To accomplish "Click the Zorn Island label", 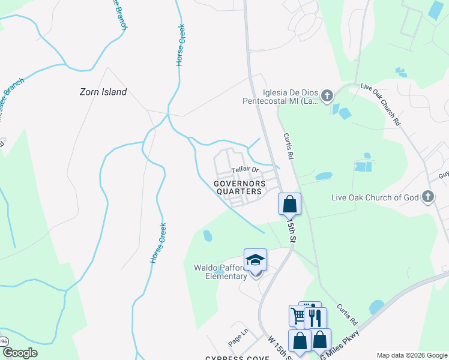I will pos(103,92).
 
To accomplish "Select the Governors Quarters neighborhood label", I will pos(238,187).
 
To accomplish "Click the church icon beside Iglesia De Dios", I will pos(327,95).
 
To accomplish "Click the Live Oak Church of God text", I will pos(375,197).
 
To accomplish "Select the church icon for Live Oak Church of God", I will pos(427,196).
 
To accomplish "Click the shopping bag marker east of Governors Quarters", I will pos(289,203).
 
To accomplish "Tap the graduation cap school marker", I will pos(255,260).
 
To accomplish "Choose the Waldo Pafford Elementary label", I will pos(220,272).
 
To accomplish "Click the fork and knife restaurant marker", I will pos(315,317).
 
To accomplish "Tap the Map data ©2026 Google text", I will pos(412,355).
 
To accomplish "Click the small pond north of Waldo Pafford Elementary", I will pos(208,235).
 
